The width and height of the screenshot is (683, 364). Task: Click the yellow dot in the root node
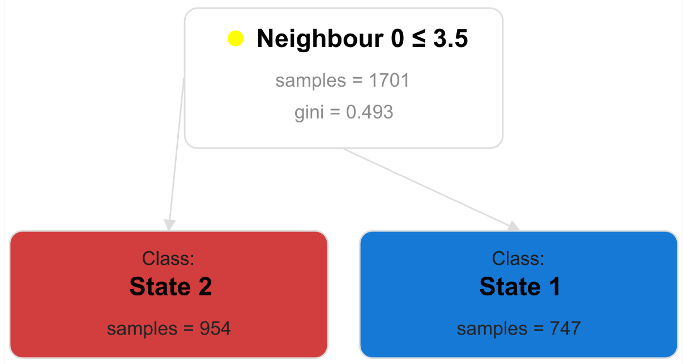click(235, 39)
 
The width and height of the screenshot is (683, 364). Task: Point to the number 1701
click(389, 81)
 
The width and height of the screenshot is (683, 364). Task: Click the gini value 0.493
click(369, 112)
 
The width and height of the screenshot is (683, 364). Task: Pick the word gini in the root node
click(309, 112)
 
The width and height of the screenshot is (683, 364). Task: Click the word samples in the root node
click(310, 81)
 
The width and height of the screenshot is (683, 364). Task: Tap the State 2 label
click(170, 286)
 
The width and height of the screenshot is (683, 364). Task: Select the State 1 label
click(520, 286)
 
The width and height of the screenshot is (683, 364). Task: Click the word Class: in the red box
click(168, 259)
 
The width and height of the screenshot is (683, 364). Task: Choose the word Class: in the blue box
click(518, 259)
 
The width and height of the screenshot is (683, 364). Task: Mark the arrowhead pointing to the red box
click(169, 225)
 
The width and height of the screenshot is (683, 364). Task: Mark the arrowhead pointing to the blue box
click(513, 226)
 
